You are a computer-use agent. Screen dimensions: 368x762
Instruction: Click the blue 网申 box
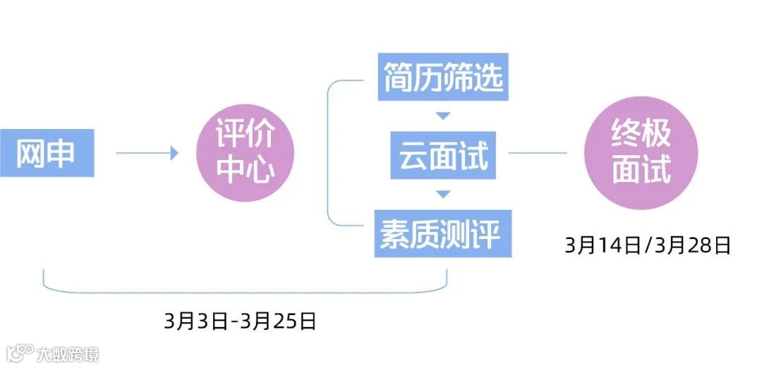(47, 152)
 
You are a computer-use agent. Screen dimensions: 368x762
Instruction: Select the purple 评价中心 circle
(244, 153)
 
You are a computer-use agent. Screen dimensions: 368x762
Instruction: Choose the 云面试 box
(443, 154)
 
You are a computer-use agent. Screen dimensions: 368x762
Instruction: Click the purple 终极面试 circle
(641, 153)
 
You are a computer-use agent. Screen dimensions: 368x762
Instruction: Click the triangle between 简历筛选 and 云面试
(443, 116)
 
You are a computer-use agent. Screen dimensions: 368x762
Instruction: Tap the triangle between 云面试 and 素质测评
(443, 193)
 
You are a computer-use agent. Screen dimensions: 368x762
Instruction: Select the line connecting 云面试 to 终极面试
(538, 152)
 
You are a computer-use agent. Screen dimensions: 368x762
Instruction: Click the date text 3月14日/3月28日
(647, 245)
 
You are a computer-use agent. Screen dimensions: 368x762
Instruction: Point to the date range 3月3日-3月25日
(240, 321)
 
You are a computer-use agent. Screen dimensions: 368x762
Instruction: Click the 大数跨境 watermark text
(68, 353)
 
